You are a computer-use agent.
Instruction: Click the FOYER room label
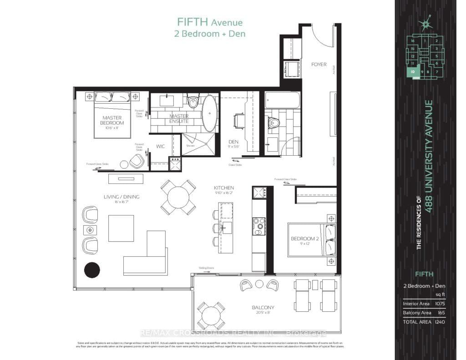coord(319,64)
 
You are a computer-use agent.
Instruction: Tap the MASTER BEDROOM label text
coord(112,121)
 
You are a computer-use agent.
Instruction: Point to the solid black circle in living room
coord(92,270)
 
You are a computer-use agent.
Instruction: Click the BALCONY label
coord(263,308)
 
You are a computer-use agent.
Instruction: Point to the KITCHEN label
coord(224,188)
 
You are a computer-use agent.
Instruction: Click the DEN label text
coord(233,142)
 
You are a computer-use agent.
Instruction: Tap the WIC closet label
coord(160,147)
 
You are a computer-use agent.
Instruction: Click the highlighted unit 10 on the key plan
coord(412,71)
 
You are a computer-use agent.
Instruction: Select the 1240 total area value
coord(438,322)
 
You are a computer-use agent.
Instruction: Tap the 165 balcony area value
coord(440,313)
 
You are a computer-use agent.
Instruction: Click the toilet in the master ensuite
coord(193,102)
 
